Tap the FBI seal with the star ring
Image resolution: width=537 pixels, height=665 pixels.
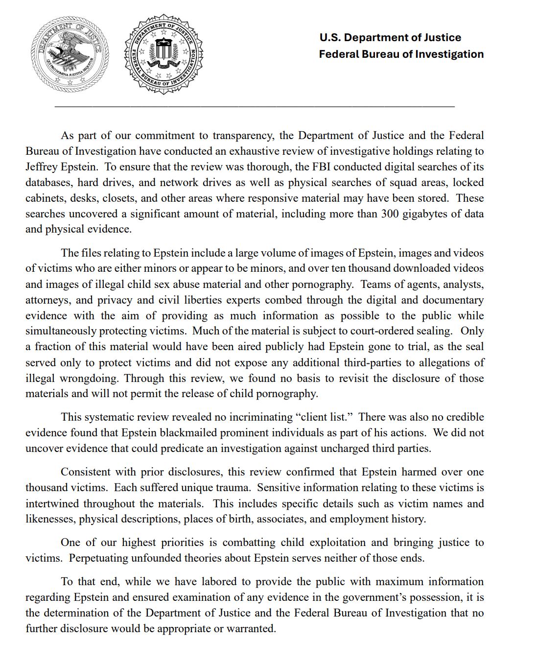(x=164, y=55)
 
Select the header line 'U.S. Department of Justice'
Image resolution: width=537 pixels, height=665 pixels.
(x=390, y=38)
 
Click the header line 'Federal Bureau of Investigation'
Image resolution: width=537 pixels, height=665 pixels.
(x=401, y=54)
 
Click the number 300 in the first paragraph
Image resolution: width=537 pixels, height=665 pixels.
(x=390, y=214)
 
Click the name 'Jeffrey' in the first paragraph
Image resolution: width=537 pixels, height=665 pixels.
(x=41, y=167)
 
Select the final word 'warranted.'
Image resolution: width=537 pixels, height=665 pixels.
(x=251, y=629)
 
